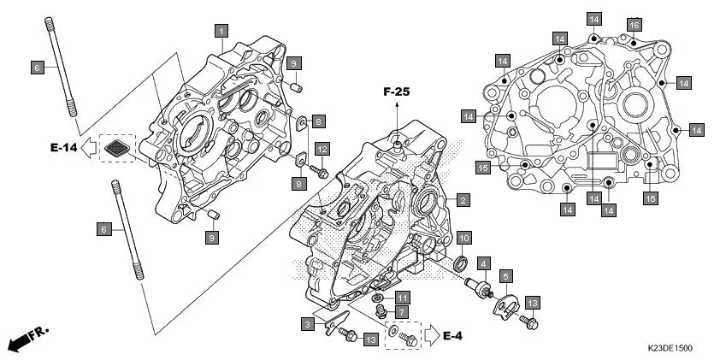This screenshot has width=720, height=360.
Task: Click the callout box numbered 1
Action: (221, 32)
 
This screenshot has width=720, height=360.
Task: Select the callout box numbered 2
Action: (462, 200)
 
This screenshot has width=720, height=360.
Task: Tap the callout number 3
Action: (305, 323)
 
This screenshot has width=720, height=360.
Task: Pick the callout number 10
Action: (462, 237)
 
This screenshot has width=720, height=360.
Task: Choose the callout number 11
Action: (402, 297)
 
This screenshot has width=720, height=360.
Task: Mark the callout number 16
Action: (634, 24)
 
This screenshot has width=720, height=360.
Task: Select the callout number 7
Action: (402, 312)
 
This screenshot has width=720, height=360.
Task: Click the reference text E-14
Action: (63, 148)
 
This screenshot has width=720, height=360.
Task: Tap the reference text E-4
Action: (454, 335)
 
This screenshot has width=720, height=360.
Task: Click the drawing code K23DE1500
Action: (670, 349)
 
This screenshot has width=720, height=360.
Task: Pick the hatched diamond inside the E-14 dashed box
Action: (117, 149)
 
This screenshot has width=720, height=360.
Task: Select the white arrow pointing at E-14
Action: (90, 149)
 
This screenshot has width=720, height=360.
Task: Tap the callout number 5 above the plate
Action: (506, 276)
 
